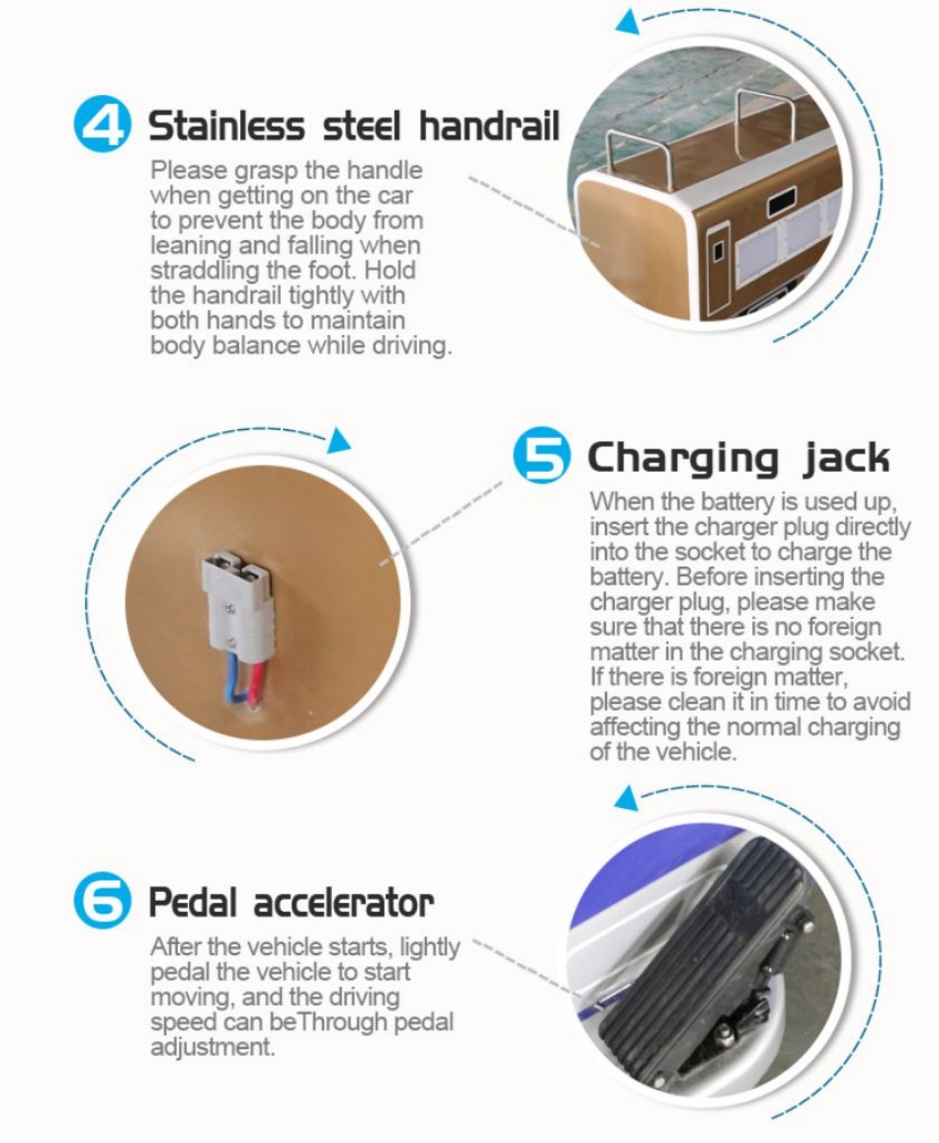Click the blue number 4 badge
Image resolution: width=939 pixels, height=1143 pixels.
pos(103,126)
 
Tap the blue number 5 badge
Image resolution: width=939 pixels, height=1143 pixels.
pos(542,456)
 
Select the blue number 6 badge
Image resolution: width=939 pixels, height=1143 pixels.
pos(103,901)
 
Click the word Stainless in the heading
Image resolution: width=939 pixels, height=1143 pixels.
pos(226,126)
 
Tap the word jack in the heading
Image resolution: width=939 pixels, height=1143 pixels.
pos(846,459)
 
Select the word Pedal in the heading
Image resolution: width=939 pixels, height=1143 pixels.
pos(193,903)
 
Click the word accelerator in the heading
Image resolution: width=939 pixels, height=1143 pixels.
pos(343,903)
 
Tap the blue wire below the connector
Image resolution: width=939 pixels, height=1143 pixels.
pos(233,675)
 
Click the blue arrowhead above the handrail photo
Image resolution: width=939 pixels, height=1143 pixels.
pos(627,23)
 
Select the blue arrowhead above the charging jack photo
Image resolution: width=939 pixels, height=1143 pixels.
pos(338,441)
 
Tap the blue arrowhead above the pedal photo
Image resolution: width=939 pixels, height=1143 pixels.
pos(626,798)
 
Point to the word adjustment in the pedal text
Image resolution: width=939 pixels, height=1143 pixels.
pos(213,1047)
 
